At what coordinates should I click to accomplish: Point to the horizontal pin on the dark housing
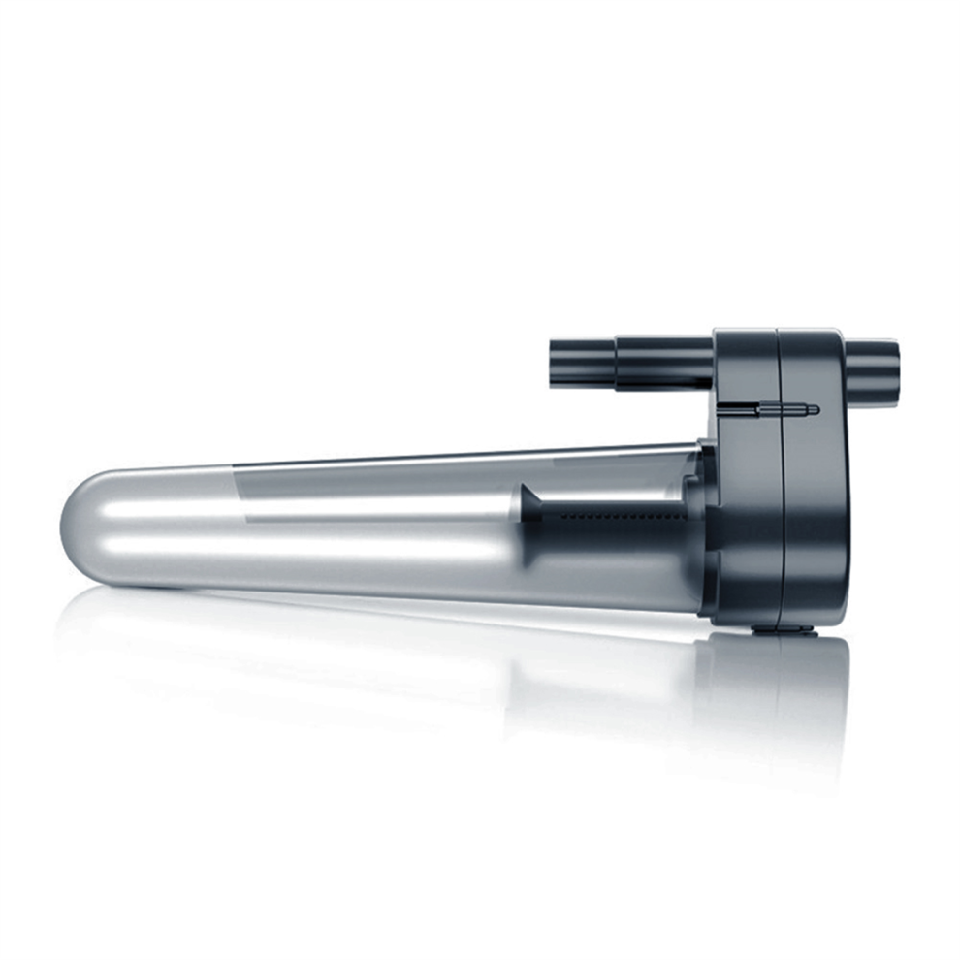[x=785, y=409]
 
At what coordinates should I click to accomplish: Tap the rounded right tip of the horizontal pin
[x=816, y=409]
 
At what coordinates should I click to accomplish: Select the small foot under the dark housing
[x=784, y=628]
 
